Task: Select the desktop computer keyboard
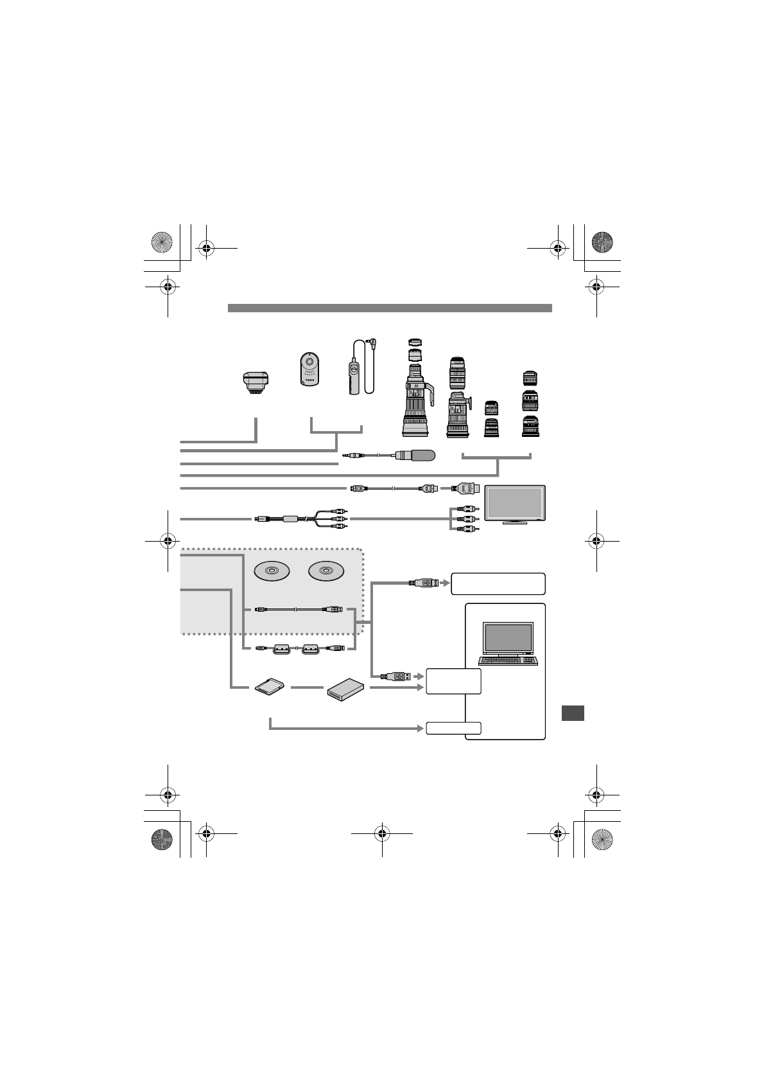(507, 660)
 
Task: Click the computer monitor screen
(507, 637)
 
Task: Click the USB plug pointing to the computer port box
(395, 676)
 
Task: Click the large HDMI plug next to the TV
(466, 488)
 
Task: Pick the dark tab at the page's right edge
(572, 713)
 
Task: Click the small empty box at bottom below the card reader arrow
(453, 728)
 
